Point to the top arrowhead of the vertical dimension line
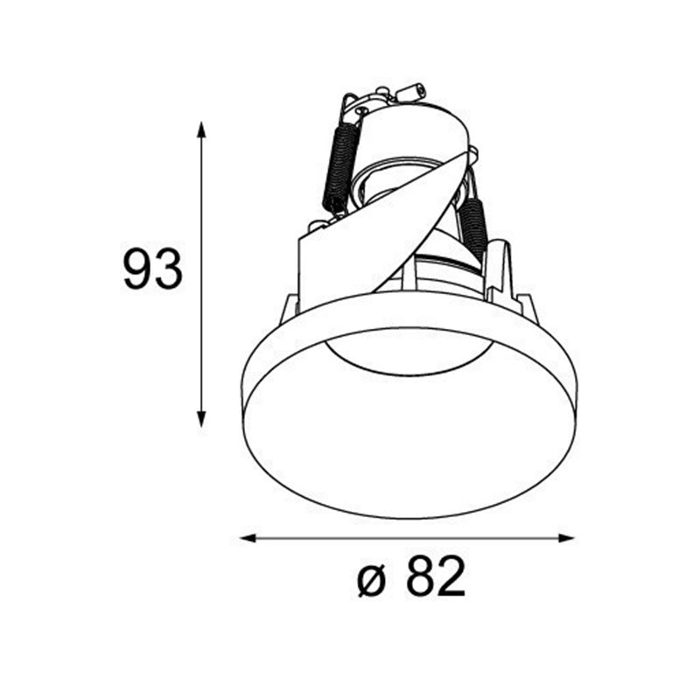[201, 129]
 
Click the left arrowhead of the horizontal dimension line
[248, 538]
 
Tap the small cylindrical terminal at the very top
[410, 91]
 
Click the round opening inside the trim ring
[408, 429]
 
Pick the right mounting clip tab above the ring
[527, 305]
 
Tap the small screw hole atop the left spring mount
[360, 111]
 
